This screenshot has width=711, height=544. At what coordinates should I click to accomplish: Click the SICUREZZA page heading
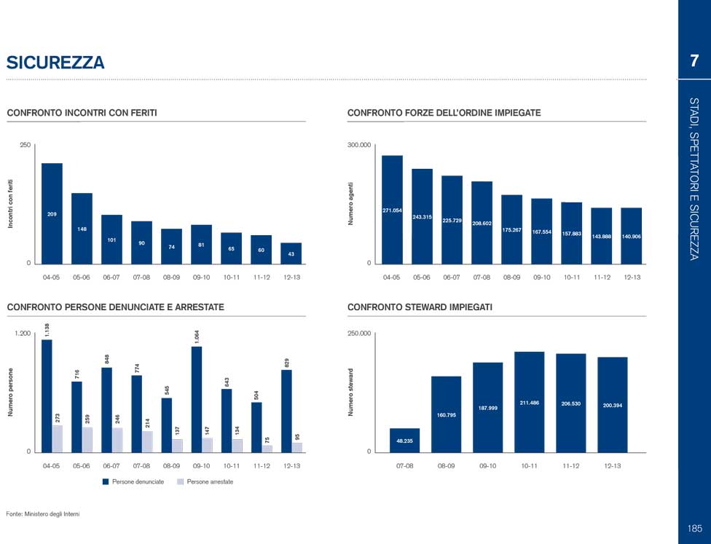tap(55, 63)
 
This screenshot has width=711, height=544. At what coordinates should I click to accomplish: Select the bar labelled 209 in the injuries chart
tap(52, 213)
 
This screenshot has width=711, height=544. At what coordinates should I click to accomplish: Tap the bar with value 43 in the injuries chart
tap(291, 253)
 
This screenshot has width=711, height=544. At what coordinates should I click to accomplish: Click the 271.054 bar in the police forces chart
tap(392, 209)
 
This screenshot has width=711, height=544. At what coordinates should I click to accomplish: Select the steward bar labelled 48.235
tap(404, 440)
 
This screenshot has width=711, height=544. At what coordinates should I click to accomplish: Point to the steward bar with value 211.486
tap(529, 401)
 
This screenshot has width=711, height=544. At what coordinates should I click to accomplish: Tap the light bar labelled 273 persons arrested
tap(58, 438)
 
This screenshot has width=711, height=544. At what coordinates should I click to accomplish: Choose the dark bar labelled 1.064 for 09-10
tap(197, 398)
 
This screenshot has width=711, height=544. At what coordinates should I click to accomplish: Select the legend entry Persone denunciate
tap(138, 482)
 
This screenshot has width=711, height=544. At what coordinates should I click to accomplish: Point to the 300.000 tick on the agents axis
tap(359, 146)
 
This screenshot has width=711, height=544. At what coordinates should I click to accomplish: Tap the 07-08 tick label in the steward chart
tap(404, 465)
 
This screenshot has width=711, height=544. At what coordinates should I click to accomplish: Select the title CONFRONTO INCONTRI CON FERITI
tap(82, 113)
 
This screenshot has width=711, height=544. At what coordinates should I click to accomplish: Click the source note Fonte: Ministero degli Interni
tap(42, 514)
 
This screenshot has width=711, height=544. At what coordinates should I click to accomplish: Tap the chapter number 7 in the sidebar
tap(694, 60)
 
